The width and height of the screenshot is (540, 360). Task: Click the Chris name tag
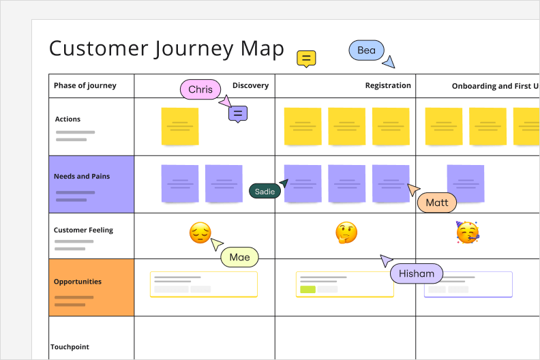[x=200, y=89]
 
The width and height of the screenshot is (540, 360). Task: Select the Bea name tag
[x=366, y=50]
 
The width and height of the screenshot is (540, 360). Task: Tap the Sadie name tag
[x=265, y=192]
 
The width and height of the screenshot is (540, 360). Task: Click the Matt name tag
[x=437, y=202]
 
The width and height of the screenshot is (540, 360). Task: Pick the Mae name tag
[x=239, y=257]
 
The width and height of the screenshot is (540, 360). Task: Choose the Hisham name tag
[x=417, y=274]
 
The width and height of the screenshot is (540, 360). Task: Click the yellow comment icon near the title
[x=306, y=59]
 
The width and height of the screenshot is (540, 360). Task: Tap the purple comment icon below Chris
[x=238, y=114]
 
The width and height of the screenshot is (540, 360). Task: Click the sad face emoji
[x=200, y=233]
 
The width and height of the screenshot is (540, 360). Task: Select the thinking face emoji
[x=346, y=233]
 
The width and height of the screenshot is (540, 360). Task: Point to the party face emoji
[x=467, y=232]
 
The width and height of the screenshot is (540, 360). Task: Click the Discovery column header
[x=250, y=86]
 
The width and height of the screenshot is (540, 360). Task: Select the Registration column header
[x=388, y=86]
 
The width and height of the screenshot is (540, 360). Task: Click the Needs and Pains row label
[x=82, y=177]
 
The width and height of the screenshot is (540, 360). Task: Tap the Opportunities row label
[x=78, y=282]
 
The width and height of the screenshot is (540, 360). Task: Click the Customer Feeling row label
[x=83, y=230]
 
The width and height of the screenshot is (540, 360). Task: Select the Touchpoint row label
[x=70, y=347]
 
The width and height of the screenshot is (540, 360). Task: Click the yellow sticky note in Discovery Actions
[x=180, y=126]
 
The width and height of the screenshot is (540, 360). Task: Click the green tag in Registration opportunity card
[x=307, y=289]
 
